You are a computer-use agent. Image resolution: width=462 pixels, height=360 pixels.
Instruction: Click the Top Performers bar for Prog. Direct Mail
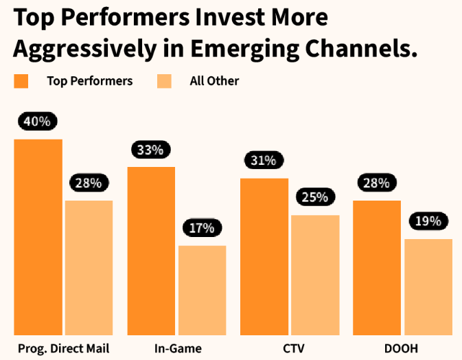(x=38, y=237)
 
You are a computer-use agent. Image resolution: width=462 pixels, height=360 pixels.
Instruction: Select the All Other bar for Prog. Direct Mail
(x=89, y=268)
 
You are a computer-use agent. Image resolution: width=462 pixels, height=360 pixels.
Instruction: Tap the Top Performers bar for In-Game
(x=151, y=251)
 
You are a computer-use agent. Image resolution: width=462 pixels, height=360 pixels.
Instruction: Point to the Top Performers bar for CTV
(x=264, y=256)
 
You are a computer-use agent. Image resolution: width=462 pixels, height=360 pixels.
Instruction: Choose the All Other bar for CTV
(x=315, y=275)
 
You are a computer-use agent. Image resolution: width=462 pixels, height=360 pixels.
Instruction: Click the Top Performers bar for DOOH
(x=377, y=268)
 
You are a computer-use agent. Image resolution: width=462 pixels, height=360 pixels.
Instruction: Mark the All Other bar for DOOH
(x=428, y=286)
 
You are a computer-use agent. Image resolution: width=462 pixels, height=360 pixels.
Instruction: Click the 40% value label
(x=37, y=122)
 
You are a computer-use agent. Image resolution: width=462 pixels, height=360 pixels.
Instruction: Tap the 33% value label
(x=150, y=149)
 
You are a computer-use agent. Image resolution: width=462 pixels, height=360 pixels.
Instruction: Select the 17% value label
(x=202, y=227)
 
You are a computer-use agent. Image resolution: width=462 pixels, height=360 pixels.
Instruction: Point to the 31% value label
(x=263, y=161)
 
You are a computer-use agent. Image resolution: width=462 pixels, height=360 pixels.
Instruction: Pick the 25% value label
(x=315, y=197)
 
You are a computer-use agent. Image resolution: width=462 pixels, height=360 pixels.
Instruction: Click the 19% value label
(x=428, y=221)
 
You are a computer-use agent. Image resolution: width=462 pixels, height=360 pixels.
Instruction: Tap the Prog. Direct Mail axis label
(x=63, y=348)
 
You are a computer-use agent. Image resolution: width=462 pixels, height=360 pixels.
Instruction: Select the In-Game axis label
(x=178, y=348)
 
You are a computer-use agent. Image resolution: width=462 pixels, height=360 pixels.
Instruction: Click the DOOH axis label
(x=402, y=348)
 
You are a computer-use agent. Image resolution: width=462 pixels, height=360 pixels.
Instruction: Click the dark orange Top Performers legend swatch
(x=21, y=82)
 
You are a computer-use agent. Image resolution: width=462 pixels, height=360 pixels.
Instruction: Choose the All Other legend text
(x=214, y=81)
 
